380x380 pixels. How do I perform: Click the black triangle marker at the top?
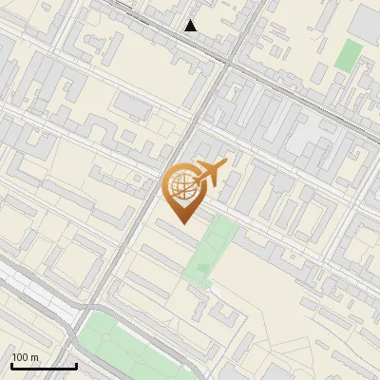coord(191,25)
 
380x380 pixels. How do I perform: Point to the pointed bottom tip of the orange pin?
coord(182,223)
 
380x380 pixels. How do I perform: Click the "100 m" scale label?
coord(25,357)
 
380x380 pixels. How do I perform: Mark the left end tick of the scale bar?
coord(11,365)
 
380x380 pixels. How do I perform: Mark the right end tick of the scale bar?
coord(76,365)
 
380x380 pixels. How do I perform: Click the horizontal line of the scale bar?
coord(44,367)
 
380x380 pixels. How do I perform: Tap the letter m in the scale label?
coord(34,357)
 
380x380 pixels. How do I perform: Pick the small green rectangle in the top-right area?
coord(349,54)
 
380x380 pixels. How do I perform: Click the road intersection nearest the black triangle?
coord(229,61)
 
